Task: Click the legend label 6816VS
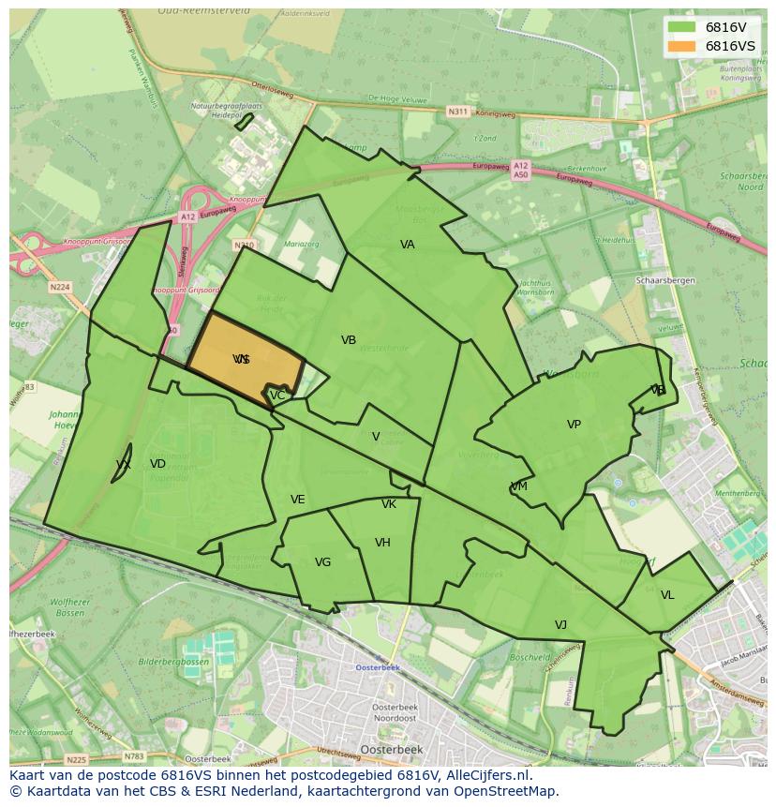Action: (730, 46)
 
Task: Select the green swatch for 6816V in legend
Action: (681, 27)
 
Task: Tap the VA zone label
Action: (407, 245)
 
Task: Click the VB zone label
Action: (349, 340)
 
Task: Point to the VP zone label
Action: (574, 425)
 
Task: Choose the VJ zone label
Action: (560, 625)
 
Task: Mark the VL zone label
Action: (667, 595)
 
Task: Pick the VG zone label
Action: (322, 562)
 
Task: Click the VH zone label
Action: (382, 543)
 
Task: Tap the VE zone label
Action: (297, 500)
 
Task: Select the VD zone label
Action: (157, 464)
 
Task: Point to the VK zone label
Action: (389, 504)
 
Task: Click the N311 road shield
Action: (457, 112)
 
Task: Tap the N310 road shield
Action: (244, 246)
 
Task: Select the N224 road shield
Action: (60, 287)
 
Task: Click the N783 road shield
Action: (135, 756)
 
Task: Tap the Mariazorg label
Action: (301, 244)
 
